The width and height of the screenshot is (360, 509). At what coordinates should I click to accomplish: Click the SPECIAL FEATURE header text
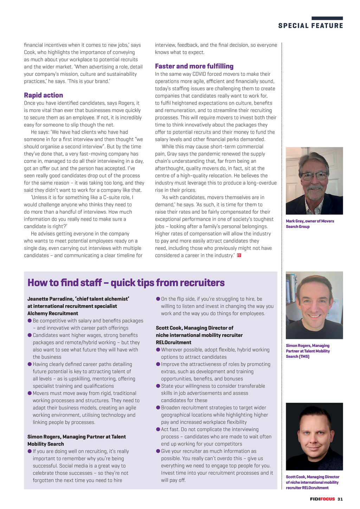coord(310,26)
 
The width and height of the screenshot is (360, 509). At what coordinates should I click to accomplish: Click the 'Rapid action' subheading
coord(43,95)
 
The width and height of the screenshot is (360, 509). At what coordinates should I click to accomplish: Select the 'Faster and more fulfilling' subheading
coord(194,66)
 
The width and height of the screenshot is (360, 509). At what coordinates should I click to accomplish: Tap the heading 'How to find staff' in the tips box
coord(126,283)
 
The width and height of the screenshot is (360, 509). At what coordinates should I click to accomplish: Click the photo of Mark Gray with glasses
coord(314,181)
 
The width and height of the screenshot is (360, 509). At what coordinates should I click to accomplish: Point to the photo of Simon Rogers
coord(314,305)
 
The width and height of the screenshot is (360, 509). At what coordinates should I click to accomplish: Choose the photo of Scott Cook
coord(314,436)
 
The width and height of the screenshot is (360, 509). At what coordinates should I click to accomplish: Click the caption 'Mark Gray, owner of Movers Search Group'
coord(310,224)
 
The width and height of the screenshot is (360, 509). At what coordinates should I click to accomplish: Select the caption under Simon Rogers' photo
coord(308,351)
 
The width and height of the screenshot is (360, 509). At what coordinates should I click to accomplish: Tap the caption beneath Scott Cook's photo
coord(312,482)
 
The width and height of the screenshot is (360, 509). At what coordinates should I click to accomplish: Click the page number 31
coord(340,499)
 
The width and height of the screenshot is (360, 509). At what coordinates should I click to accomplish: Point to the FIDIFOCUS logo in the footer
coord(322,499)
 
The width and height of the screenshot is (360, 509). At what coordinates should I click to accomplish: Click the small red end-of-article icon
coord(239,255)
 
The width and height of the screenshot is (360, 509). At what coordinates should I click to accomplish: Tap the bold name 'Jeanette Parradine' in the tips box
coord(50,299)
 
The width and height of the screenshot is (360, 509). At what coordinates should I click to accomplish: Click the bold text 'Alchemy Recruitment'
coord(53,314)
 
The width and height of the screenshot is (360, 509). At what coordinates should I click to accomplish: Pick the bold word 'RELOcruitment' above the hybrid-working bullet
coord(174,342)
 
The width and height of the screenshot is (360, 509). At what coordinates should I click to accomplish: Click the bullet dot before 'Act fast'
coord(158,429)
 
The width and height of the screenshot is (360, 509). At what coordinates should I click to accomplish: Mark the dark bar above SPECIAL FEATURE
coord(327,18)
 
